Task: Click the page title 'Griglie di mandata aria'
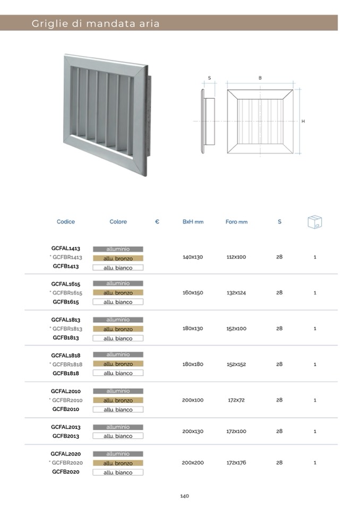(96, 23)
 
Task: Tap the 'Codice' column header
(66, 222)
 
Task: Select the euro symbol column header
(157, 222)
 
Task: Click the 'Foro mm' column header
(236, 222)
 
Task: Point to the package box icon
(315, 222)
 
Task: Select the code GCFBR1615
(67, 292)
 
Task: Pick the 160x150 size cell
(193, 292)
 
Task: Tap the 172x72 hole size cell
(236, 400)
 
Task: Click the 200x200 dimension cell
(193, 463)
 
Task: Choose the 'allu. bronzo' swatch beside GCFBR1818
(118, 364)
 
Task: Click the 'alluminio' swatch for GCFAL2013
(118, 427)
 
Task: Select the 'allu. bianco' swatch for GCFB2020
(118, 472)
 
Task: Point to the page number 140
(184, 496)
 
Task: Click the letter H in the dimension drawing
(303, 122)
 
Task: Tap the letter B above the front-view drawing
(260, 78)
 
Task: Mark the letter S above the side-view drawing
(209, 78)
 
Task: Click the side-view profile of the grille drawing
(207, 122)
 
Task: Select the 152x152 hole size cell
(236, 364)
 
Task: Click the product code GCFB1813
(66, 338)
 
